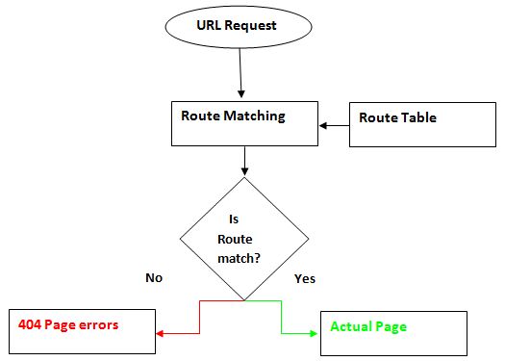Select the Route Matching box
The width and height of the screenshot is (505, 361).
[243, 124]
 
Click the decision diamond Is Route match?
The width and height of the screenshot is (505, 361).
[244, 235]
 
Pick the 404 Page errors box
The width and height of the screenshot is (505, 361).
[81, 332]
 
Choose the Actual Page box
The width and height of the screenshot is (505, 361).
[392, 333]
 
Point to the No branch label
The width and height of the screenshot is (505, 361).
[153, 277]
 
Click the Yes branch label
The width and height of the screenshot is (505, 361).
[304, 278]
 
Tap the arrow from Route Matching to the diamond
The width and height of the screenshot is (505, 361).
[244, 161]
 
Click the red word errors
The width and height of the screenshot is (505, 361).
[99, 324]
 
